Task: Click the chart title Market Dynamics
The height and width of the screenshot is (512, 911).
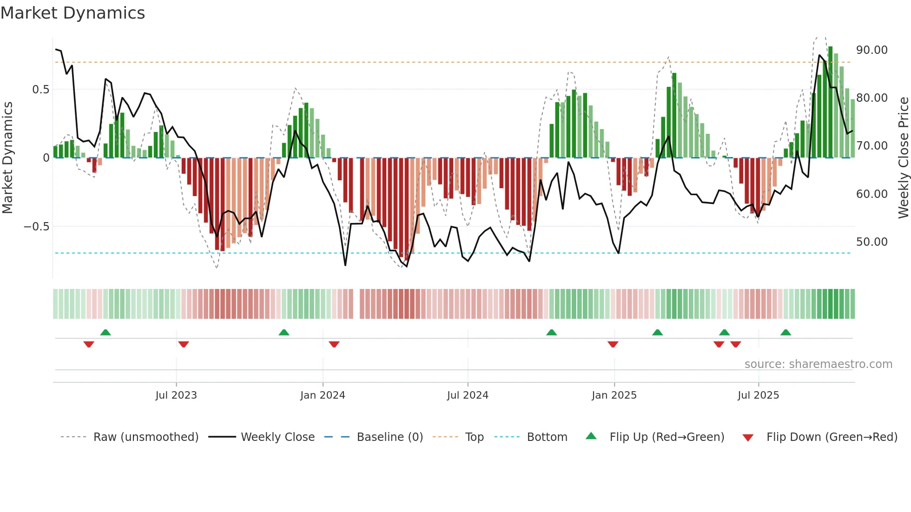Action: coord(73,13)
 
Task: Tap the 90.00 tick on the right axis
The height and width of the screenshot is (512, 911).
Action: coord(871,50)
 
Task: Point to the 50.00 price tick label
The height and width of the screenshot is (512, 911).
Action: coord(871,242)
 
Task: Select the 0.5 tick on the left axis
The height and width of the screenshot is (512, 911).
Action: coord(40,90)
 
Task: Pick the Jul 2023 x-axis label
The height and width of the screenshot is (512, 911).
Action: coord(176,395)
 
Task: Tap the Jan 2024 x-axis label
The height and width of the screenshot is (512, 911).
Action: coord(323,395)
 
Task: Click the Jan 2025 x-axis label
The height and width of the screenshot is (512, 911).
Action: coord(614,395)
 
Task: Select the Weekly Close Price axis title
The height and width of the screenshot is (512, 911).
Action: coord(903,157)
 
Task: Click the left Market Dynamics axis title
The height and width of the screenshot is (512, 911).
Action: coord(7,157)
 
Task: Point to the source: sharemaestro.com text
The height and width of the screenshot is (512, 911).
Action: coord(818,364)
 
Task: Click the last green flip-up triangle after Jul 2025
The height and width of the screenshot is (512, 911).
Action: coord(786,333)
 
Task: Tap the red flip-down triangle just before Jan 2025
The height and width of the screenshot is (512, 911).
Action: coord(613,344)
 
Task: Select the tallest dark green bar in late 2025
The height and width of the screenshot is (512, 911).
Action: coord(830,102)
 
